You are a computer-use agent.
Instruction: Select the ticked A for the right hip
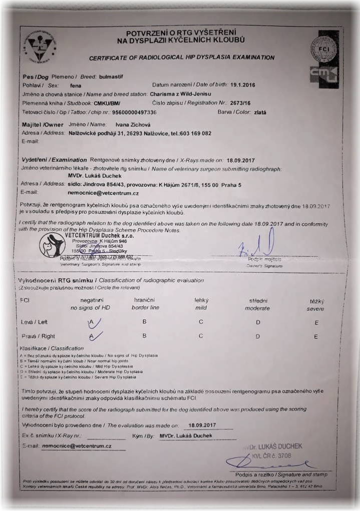pos(94,336)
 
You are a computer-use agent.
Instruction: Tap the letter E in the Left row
pos(316,322)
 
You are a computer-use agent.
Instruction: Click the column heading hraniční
pos(144,300)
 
